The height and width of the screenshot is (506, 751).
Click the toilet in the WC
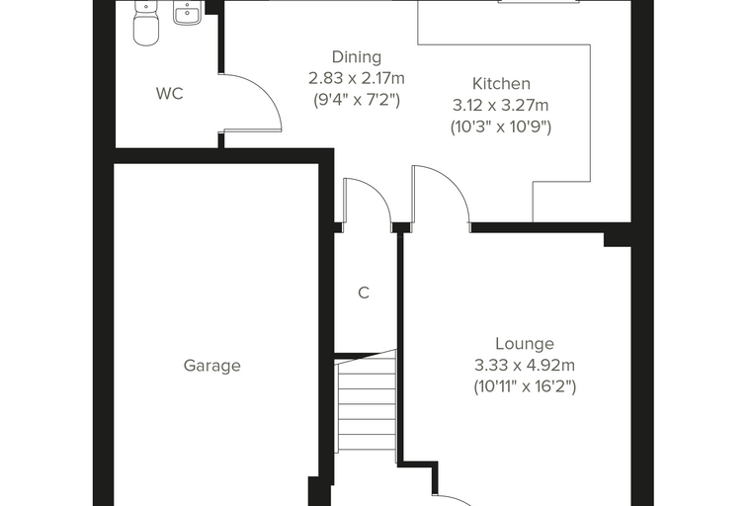tap(146, 23)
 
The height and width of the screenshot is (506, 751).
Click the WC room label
tap(170, 94)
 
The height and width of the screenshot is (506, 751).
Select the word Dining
tap(357, 57)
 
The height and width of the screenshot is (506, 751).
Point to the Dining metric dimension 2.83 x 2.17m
tap(357, 78)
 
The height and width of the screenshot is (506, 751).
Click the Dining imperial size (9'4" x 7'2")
tap(357, 100)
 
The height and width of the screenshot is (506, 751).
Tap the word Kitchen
tap(501, 83)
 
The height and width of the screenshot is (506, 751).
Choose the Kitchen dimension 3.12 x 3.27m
tap(501, 105)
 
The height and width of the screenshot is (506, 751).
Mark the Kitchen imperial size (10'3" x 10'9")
tap(501, 126)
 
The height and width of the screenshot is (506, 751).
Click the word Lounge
tap(525, 344)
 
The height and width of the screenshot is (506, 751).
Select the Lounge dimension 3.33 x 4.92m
tap(525, 365)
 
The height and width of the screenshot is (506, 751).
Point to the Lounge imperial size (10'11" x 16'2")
tap(525, 386)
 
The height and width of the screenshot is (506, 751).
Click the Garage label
tap(212, 366)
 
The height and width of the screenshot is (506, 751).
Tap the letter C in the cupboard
tap(364, 293)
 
